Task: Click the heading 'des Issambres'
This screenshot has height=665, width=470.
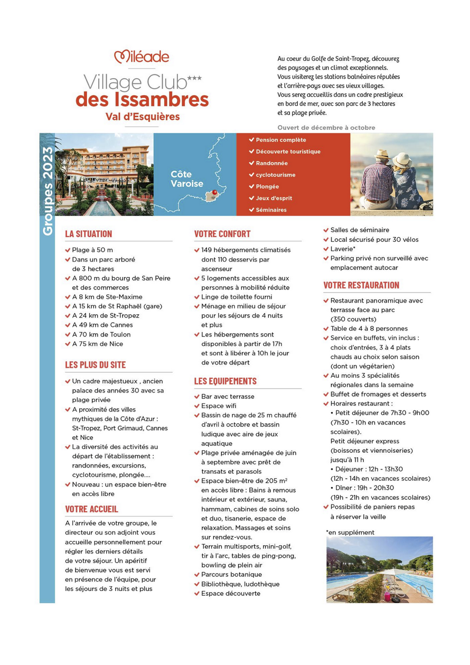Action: pyautogui.click(x=142, y=99)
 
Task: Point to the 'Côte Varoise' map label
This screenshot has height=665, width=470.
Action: pyautogui.click(x=186, y=179)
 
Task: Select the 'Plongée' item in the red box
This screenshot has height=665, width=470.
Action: pyautogui.click(x=267, y=186)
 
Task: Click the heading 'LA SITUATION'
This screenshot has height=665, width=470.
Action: pyautogui.click(x=88, y=233)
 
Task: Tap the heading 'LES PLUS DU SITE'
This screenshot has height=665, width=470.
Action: pyautogui.click(x=95, y=364)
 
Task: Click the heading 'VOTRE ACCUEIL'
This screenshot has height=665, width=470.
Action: pyautogui.click(x=91, y=509)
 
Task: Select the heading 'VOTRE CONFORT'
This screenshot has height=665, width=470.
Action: pyautogui.click(x=222, y=233)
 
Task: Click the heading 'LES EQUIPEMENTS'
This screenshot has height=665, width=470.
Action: pyautogui.click(x=225, y=381)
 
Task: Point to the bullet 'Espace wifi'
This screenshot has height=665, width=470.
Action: pyautogui.click(x=219, y=406)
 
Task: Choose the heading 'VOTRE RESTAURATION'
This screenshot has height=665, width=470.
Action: pyautogui.click(x=361, y=285)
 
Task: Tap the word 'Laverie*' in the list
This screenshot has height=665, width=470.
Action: pyautogui.click(x=343, y=249)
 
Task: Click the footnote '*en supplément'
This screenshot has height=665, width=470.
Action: pyautogui.click(x=350, y=532)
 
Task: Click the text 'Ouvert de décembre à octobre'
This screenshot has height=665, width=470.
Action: pyautogui.click(x=326, y=127)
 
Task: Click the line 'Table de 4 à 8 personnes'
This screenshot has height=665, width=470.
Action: pyautogui.click(x=369, y=329)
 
